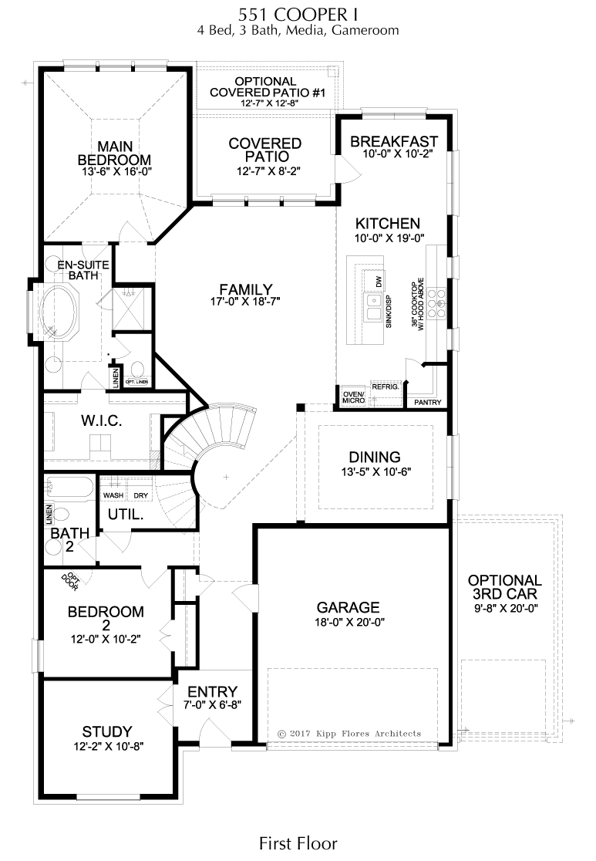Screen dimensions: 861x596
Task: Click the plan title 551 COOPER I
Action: (297, 15)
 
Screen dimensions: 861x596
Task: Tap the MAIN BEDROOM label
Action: (116, 152)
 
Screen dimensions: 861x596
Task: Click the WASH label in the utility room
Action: (113, 495)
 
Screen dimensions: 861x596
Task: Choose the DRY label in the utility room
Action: (141, 495)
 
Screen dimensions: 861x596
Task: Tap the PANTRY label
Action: (427, 403)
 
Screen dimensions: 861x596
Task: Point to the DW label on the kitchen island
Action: (379, 282)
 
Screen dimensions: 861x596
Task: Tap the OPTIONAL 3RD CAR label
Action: (504, 587)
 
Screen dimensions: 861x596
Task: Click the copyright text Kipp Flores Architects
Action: (349, 733)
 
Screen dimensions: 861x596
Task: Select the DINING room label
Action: (374, 457)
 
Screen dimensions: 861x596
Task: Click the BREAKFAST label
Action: (393, 142)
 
